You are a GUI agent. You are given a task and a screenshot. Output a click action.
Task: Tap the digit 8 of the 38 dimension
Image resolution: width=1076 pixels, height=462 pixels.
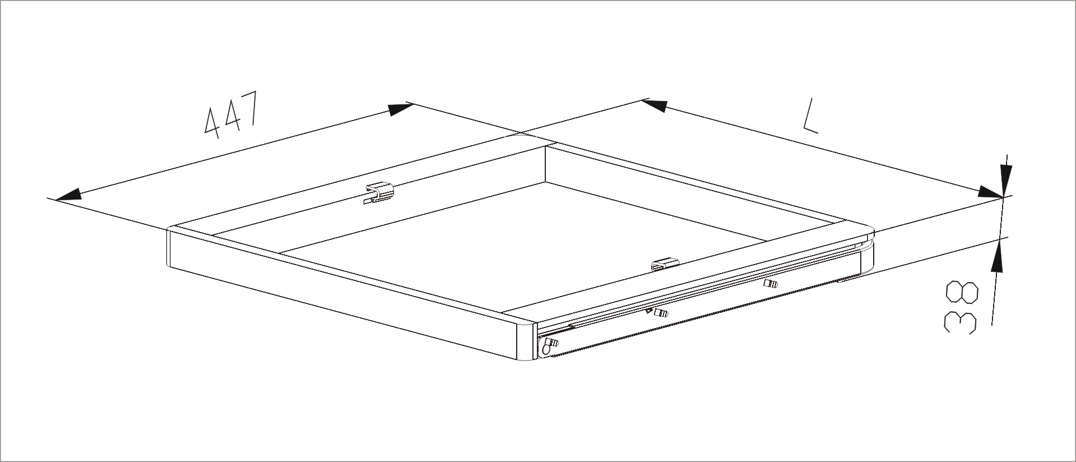coord(962,293)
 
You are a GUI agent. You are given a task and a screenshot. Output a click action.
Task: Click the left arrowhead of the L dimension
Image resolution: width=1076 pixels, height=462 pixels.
coord(655,105)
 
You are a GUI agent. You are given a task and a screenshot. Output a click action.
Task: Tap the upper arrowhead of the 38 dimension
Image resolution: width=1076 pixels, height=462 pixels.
coord(1003,181)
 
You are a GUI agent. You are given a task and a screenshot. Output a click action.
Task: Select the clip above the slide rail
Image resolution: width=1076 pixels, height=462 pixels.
coord(665,265)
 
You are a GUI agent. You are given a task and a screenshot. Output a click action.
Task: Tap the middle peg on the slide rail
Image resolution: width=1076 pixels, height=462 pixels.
coord(661,313)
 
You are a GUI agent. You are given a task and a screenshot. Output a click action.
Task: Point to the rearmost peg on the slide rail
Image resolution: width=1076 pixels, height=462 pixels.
coord(771,284)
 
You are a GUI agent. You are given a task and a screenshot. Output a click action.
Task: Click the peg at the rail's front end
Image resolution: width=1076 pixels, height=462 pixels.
coord(551,341)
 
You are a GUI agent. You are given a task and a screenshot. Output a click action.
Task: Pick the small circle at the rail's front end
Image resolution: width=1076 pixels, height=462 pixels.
coord(545,350)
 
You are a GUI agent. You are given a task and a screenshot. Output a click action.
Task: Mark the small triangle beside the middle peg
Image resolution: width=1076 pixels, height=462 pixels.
coord(649,311)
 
